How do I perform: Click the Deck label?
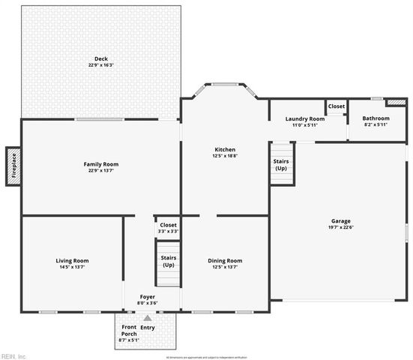pyautogui.click(x=100, y=58)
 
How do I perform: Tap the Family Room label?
pyautogui.click(x=100, y=164)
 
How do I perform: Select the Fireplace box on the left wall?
pyautogui.click(x=13, y=166)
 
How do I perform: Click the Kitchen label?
pyautogui.click(x=225, y=150)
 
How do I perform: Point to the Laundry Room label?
pyautogui.click(x=305, y=118)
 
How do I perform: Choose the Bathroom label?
pyautogui.click(x=376, y=118)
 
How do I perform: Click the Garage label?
pyautogui.click(x=341, y=220)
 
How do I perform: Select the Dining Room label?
pyautogui.click(x=225, y=260)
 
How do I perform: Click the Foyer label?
pyautogui.click(x=147, y=297)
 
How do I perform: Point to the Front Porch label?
pyautogui.click(x=129, y=331)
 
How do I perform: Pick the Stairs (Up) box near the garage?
pyautogui.click(x=280, y=164)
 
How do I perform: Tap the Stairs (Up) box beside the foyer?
pyautogui.click(x=169, y=261)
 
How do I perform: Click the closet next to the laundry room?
pyautogui.click(x=336, y=107)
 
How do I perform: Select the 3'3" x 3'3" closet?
pyautogui.click(x=168, y=228)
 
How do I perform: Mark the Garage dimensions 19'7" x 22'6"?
pyautogui.click(x=341, y=228)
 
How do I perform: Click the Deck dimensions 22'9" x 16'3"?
pyautogui.click(x=100, y=65)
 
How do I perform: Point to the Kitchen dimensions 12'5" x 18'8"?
pyautogui.click(x=225, y=156)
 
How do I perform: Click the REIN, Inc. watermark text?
pyautogui.click(x=13, y=355)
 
